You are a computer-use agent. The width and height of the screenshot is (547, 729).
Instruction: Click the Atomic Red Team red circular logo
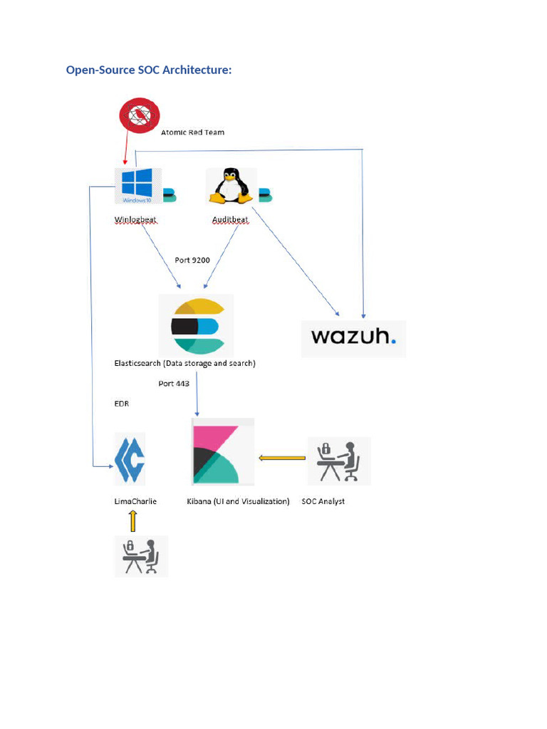[x=140, y=115]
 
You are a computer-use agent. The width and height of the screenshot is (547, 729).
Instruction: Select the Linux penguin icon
[x=229, y=187]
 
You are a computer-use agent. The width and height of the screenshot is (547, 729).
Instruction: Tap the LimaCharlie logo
[x=130, y=459]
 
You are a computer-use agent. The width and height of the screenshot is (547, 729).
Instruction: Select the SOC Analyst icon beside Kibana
[x=339, y=461]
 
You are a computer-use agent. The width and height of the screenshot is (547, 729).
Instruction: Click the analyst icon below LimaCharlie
[x=141, y=555]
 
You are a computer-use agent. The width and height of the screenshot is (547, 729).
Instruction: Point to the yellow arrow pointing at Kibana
[x=281, y=458]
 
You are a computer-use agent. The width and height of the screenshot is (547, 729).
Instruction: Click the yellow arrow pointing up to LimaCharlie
[x=132, y=521]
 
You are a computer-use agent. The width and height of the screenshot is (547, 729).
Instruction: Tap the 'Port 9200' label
[x=192, y=260]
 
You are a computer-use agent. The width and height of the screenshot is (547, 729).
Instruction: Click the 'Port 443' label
[x=174, y=384]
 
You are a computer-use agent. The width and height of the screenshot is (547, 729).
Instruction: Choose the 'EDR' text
[x=122, y=404]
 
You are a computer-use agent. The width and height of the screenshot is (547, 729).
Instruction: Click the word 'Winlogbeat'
[x=135, y=220]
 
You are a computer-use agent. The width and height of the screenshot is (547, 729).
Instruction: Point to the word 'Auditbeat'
[x=230, y=220]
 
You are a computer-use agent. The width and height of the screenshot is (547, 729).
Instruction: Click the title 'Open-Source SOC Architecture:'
[x=149, y=70]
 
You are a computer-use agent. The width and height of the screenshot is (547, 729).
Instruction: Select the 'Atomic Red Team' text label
[x=192, y=132]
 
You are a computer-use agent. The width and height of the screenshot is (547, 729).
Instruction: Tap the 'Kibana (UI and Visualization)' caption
[x=238, y=501]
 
